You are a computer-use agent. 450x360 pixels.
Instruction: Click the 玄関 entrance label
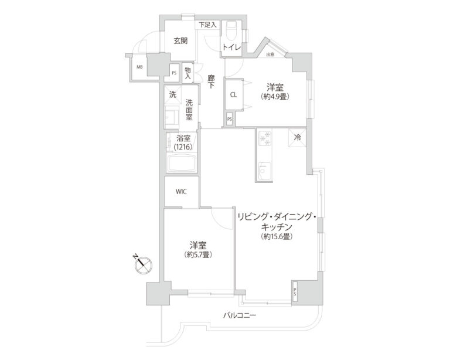(180, 40)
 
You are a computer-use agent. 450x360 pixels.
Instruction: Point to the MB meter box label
(139, 67)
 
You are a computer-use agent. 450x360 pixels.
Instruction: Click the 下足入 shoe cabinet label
(207, 25)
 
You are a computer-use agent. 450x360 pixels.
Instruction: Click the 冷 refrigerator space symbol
(297, 138)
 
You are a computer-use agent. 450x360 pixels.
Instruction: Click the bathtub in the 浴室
(182, 164)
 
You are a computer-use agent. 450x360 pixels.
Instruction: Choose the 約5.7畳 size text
(197, 255)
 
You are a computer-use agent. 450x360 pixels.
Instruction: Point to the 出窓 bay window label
(270, 55)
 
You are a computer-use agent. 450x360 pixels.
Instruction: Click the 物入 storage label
(188, 72)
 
